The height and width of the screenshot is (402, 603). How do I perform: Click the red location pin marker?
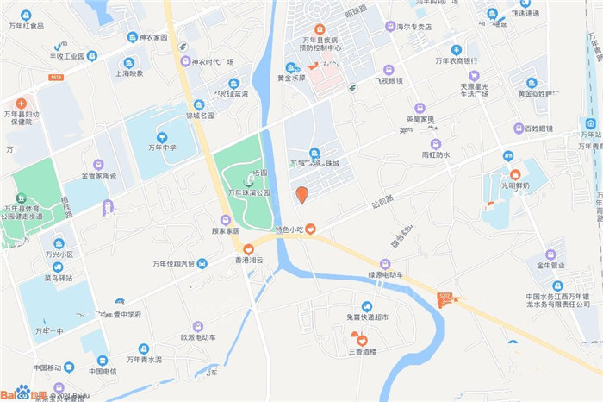click(301, 194)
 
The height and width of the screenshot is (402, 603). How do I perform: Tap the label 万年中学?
click(161, 148)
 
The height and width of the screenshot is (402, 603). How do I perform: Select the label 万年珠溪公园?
click(249, 192)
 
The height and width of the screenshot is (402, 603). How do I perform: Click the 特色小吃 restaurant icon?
click(310, 229)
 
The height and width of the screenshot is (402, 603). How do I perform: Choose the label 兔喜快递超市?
click(367, 317)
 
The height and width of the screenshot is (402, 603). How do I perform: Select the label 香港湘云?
click(248, 260)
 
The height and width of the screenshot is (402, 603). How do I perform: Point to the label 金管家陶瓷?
click(98, 175)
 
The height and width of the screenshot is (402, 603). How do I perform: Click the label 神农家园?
click(146, 37)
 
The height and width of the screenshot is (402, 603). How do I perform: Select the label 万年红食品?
click(25, 26)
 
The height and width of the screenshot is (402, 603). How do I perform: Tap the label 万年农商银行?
click(456, 60)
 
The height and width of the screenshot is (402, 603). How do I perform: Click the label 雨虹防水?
click(435, 154)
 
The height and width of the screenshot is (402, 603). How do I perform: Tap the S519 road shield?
click(56, 77)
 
